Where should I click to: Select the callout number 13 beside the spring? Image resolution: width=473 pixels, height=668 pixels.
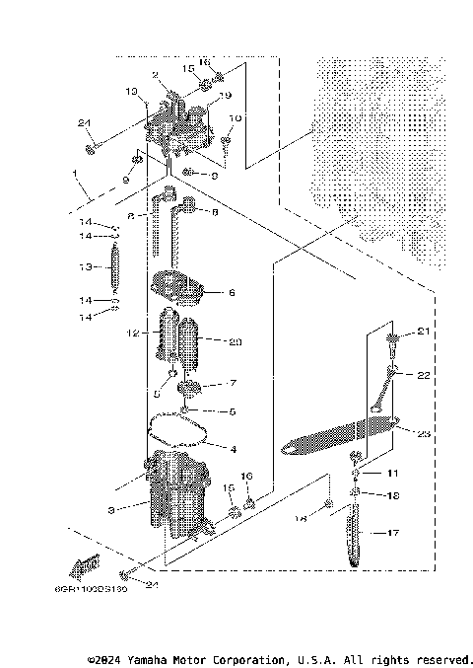coord(85,267)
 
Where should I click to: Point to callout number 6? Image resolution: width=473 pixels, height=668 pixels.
coord(232,293)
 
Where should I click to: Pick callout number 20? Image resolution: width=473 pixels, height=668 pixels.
coord(234,341)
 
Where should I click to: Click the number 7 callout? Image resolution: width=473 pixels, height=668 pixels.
coord(232,383)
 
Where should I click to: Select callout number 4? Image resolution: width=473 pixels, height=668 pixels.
coord(233,449)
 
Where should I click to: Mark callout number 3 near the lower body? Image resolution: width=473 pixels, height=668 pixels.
coord(112,509)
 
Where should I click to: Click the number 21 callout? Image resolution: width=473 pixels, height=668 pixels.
coord(424,333)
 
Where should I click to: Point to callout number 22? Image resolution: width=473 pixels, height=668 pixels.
coord(424,375)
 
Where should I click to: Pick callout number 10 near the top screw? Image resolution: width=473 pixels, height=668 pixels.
coord(235,118)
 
